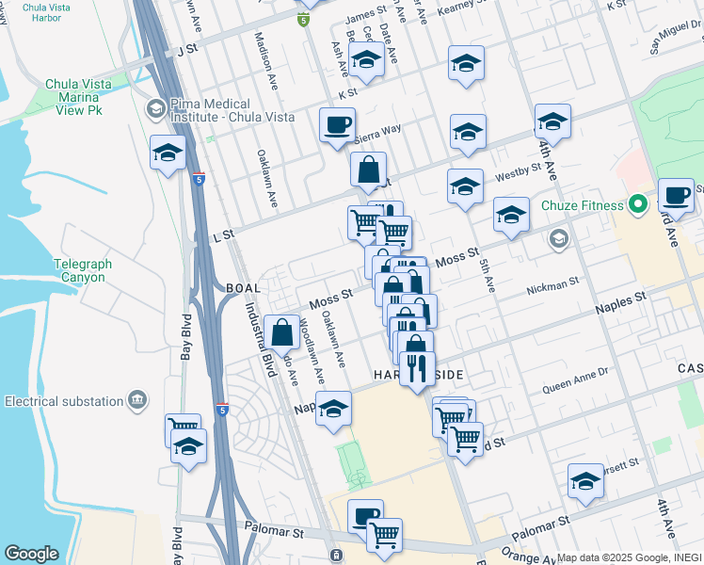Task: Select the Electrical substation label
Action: [64, 401]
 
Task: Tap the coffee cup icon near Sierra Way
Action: [337, 125]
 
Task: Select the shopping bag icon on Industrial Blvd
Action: [282, 333]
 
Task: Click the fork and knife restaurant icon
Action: [415, 366]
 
